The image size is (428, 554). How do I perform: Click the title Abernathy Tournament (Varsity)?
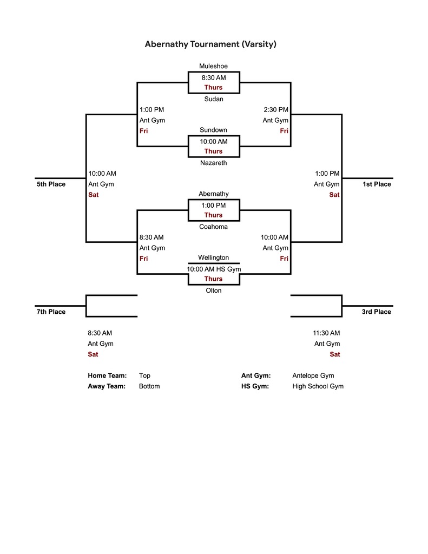tap(210, 44)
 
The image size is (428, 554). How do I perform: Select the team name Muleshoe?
tap(213, 67)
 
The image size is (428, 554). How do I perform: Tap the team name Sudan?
tap(214, 99)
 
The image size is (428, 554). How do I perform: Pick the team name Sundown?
tap(213, 130)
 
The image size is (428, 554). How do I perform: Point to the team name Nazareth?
tap(214, 163)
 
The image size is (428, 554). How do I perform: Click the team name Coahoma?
tap(213, 227)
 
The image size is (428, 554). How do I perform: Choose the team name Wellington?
tap(213, 258)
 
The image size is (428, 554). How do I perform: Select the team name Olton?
tap(214, 291)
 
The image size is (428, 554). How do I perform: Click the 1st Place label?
tap(377, 184)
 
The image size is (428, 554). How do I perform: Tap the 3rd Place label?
tap(376, 312)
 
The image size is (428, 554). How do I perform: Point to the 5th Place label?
tap(51, 184)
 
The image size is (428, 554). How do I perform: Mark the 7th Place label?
tap(51, 312)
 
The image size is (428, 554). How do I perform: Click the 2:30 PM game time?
tap(276, 110)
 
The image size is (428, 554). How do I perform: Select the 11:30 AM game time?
tap(326, 333)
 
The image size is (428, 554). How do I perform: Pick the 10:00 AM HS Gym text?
tap(214, 269)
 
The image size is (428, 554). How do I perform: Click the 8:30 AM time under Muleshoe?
tap(214, 78)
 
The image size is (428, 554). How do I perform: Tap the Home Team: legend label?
tap(107, 375)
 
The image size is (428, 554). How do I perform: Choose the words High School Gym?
tap(318, 386)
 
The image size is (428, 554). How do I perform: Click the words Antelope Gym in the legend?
tap(313, 375)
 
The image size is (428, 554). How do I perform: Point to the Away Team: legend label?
tap(107, 386)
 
